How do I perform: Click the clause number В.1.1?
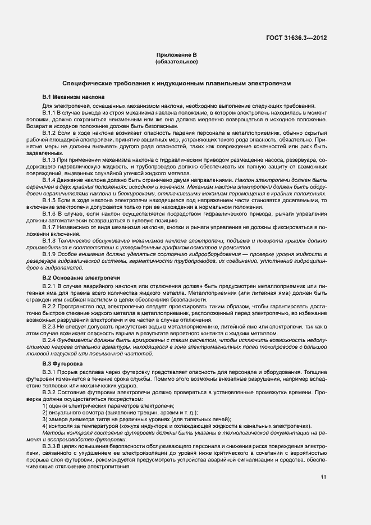(50, 113)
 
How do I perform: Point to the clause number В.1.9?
(50, 254)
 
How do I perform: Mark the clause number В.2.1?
(50, 287)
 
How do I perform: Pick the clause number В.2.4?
(50, 340)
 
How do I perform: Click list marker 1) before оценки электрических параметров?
(45, 405)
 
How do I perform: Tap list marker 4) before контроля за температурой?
(45, 426)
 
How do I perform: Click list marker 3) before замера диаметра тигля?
(45, 419)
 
